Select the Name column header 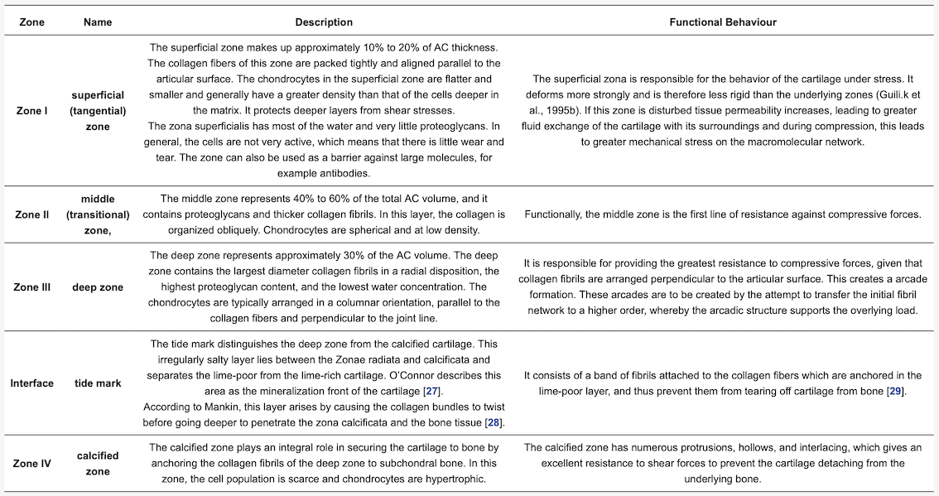click(97, 22)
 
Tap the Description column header click(324, 22)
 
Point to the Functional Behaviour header click(722, 22)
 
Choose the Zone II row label click(33, 214)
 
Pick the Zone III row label click(33, 287)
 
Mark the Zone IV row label click(33, 463)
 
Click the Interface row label click(32, 383)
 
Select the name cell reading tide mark click(98, 383)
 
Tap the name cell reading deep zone click(98, 287)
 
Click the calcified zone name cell click(98, 463)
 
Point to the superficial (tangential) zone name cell click(98, 111)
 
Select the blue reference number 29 click(894, 391)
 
